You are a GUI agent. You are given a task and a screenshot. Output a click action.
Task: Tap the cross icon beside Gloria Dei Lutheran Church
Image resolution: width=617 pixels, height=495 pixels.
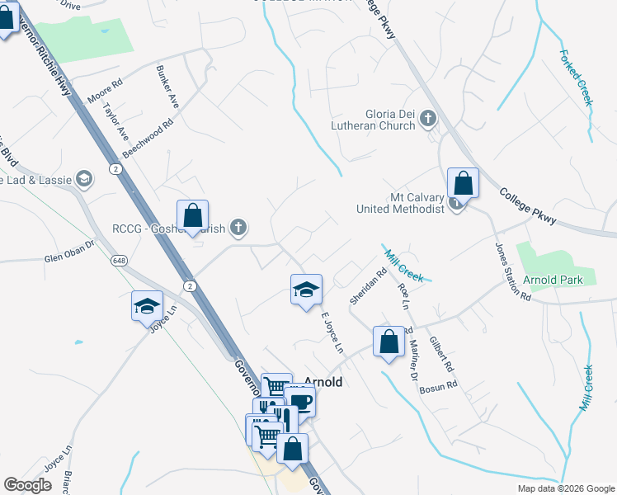click(x=427, y=120)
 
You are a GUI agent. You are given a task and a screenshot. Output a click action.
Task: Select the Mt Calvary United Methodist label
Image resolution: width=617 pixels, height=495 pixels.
click(x=400, y=204)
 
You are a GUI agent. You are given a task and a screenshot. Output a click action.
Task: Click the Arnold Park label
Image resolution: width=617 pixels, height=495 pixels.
click(x=553, y=280)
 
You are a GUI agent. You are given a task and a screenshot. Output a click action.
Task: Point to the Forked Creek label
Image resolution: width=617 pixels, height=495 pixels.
click(x=576, y=78)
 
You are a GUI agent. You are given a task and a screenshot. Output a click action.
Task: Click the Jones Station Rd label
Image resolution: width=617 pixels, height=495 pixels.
click(x=512, y=271)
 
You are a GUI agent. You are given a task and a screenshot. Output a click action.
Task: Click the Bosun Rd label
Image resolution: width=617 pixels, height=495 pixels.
click(x=441, y=386)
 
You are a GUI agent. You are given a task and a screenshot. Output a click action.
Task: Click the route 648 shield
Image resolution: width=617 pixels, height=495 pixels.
click(x=120, y=260)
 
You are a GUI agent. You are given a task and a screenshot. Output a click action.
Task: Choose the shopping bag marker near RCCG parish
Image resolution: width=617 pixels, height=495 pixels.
click(x=192, y=216)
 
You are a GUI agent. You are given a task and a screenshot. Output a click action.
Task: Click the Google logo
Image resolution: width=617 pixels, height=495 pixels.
click(x=27, y=485)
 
